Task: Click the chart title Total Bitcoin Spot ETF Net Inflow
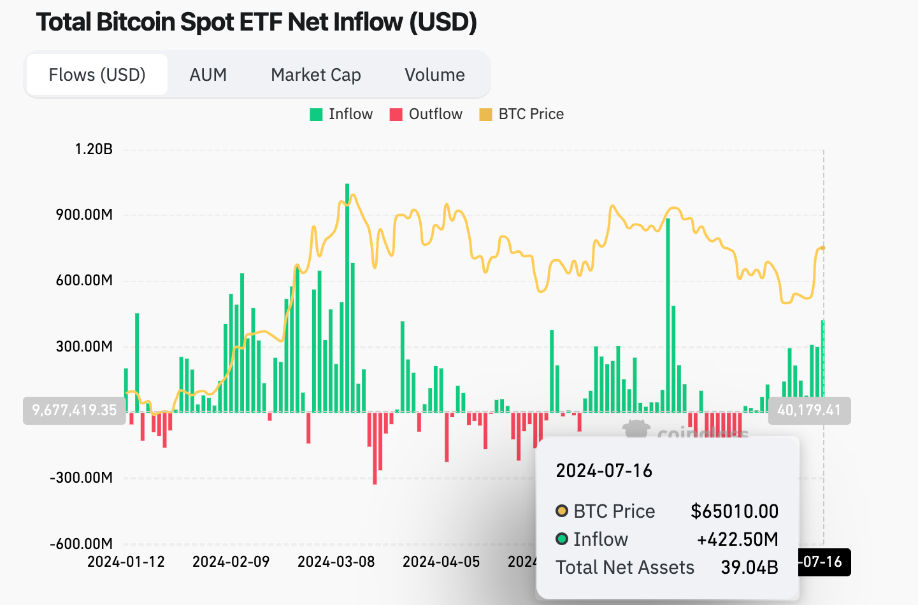256,22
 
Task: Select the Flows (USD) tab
97,75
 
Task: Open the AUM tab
208,75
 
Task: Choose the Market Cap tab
315,75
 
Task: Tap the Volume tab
434,75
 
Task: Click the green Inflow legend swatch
316,115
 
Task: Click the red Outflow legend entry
426,115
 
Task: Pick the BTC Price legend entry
522,115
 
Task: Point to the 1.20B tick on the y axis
94,149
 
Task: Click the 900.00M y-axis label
84,215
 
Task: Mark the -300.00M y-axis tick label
81,478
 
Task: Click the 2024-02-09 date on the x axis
231,562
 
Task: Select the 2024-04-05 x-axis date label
441,562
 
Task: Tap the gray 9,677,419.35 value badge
75,410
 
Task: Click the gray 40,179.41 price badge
808,410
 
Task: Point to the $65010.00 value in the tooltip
734,511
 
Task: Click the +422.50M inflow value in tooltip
737,539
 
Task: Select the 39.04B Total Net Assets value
749,567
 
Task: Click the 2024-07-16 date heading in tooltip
604,471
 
